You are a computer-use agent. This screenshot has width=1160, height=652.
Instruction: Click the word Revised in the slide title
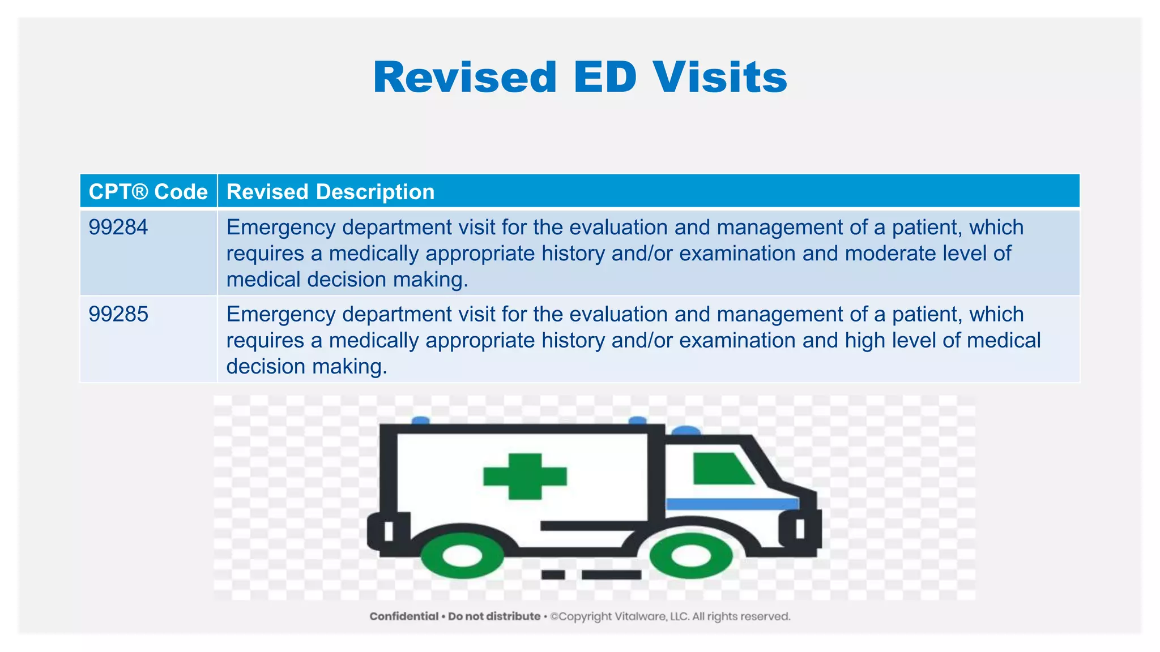(x=465, y=78)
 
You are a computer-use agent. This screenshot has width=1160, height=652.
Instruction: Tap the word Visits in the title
(x=720, y=78)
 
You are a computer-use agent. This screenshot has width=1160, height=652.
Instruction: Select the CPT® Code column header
(x=148, y=192)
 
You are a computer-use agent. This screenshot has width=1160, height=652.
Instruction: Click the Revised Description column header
(x=330, y=192)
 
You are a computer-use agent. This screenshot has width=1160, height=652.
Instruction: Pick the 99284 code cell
(x=118, y=228)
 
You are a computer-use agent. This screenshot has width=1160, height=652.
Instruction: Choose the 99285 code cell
(x=118, y=314)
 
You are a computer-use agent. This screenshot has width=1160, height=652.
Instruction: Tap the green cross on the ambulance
(x=525, y=476)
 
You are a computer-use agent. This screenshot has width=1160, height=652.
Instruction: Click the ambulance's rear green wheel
(x=462, y=556)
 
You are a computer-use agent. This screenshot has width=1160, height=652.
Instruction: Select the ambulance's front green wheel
(x=690, y=556)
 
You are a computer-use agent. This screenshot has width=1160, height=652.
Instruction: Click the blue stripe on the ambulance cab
(x=731, y=504)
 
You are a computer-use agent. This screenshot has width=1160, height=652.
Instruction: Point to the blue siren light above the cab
(x=685, y=431)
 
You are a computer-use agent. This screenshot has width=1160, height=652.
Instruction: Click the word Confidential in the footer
(x=404, y=616)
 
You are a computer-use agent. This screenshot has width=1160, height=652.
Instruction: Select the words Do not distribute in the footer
(x=494, y=616)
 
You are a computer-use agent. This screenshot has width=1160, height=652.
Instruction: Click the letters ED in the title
(x=605, y=78)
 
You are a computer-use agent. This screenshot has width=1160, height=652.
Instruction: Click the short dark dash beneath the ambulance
(x=553, y=575)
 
